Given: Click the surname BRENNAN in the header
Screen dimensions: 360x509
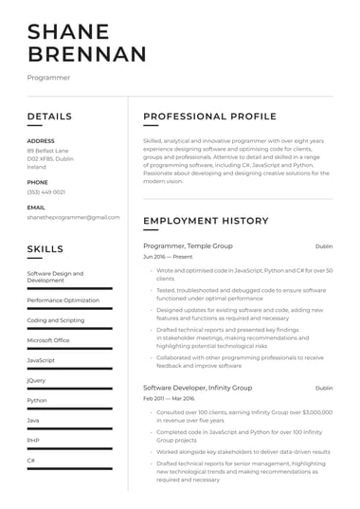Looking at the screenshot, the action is coord(87,54).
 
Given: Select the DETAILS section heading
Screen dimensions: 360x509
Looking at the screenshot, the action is coord(49,117).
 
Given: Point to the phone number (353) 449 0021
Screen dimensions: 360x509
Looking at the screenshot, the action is coord(45,191).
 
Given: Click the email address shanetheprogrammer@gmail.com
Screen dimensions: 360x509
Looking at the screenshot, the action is coord(73,217).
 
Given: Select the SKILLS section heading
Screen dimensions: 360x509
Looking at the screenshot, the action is coord(45,249).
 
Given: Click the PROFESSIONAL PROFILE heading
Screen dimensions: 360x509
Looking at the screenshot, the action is coord(209,117).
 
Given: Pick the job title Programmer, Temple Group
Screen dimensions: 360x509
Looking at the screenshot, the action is coord(188,245).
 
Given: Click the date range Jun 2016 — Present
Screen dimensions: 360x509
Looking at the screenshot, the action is coord(168,257).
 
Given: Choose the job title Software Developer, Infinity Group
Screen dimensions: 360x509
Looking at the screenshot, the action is coord(198,388).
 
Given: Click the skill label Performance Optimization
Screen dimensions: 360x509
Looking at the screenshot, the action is coord(63,300).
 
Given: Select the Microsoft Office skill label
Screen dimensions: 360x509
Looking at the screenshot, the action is coord(48,339).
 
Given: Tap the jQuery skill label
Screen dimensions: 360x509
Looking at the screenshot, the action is coord(36,380).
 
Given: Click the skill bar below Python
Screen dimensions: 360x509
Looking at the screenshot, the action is coord(69,409).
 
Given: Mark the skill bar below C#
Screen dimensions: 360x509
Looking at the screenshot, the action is coord(69,468).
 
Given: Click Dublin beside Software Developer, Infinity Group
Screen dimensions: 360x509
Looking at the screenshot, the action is coord(324,388).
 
